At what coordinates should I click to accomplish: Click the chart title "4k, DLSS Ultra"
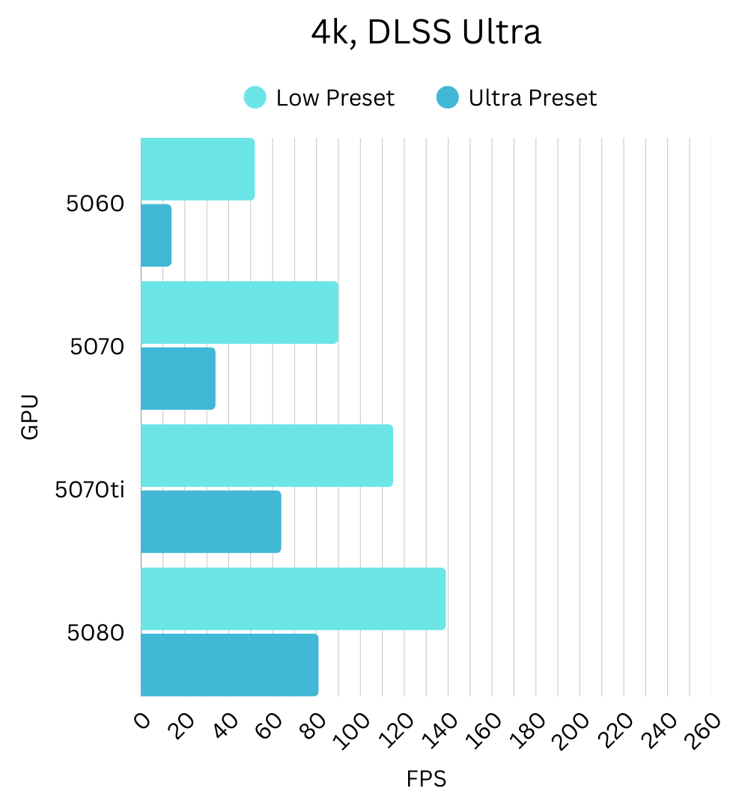point(426,34)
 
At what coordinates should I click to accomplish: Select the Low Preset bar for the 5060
point(198,169)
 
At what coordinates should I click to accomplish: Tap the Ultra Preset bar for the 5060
point(156,235)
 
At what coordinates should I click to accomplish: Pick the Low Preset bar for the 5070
point(240,312)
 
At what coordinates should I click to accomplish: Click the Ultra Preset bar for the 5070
point(178,378)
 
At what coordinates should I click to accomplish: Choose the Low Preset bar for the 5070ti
point(267,455)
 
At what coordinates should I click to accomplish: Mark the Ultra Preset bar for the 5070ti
point(211,521)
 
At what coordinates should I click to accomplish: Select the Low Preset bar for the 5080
point(293,599)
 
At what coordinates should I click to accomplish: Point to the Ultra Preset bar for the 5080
point(229,664)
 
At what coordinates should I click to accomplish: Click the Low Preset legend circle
point(255,98)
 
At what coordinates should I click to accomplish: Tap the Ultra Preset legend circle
point(447,98)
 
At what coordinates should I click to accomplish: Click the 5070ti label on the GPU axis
point(90,491)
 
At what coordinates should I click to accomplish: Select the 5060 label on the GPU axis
point(94,204)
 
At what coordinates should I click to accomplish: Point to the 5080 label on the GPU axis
point(95,634)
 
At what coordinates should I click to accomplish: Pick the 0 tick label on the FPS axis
point(142,721)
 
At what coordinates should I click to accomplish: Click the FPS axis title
point(426,780)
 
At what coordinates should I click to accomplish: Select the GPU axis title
point(29,417)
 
